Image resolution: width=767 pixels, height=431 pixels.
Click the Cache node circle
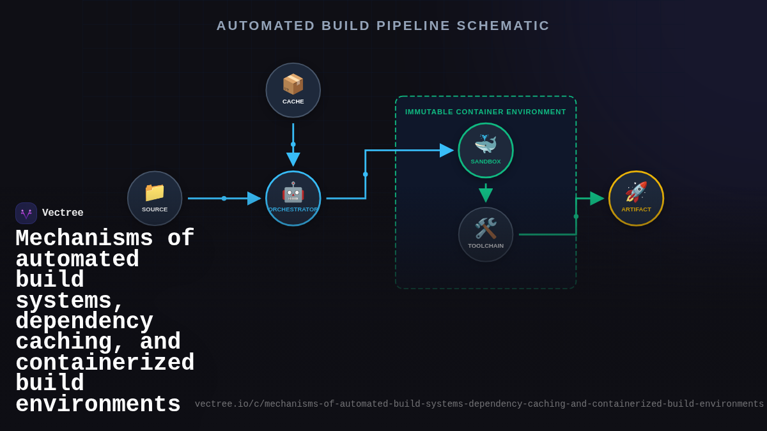[x=293, y=90]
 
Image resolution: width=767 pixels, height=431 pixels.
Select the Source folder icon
[x=155, y=192]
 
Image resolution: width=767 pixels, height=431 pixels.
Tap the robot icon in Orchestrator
[x=293, y=192]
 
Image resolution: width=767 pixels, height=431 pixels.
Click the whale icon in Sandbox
[x=486, y=144]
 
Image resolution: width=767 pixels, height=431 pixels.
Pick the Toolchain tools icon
[x=486, y=229]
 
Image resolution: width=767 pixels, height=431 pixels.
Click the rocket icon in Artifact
[x=636, y=192]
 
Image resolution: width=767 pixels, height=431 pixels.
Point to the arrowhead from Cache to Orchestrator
[x=293, y=159]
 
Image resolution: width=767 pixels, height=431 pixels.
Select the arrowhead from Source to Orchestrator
[x=254, y=199]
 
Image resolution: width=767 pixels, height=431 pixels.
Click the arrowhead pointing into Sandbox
[x=446, y=151]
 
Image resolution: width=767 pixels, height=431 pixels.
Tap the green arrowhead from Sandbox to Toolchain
[x=486, y=195]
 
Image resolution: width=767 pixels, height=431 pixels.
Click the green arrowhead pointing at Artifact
[x=596, y=199]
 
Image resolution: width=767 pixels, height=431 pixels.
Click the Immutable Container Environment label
[x=486, y=112]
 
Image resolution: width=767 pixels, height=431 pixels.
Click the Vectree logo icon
[x=26, y=213]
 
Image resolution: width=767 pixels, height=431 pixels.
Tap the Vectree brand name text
[x=63, y=213]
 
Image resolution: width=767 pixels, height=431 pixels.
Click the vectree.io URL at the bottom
[x=479, y=404]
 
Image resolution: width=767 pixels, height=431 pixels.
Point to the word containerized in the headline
[x=105, y=363]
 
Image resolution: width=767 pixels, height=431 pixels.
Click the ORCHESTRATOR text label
[x=293, y=209]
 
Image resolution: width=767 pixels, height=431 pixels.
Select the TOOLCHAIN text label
[x=486, y=246]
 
